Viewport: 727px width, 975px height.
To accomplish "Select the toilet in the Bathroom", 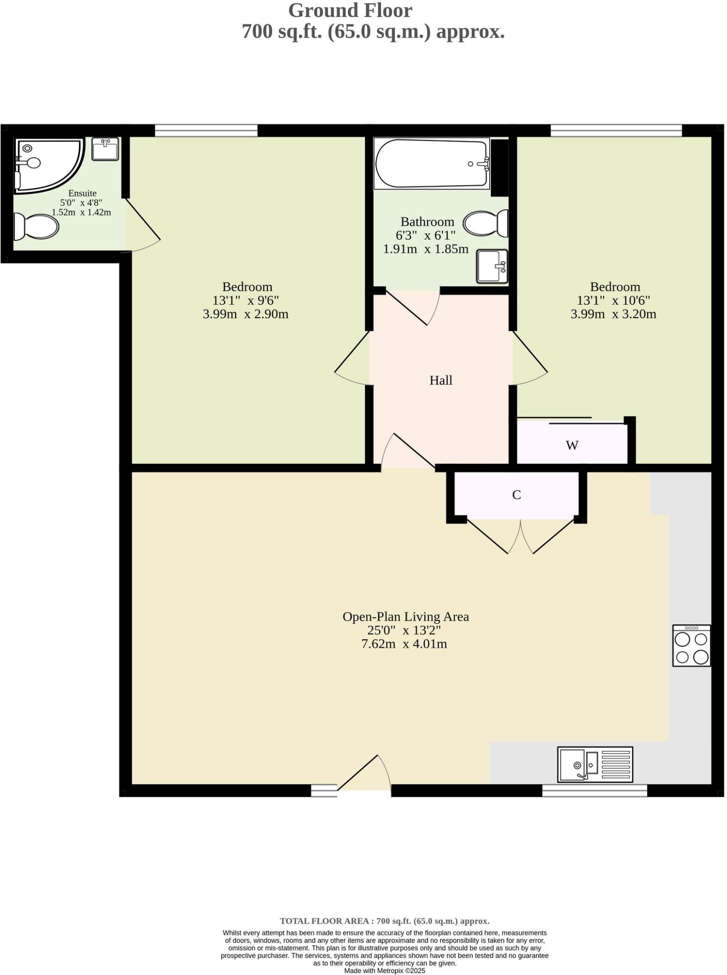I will point(485,223).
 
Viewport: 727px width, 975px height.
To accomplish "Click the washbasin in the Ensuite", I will point(105,149).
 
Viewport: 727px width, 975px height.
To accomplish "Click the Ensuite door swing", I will point(143,226).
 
